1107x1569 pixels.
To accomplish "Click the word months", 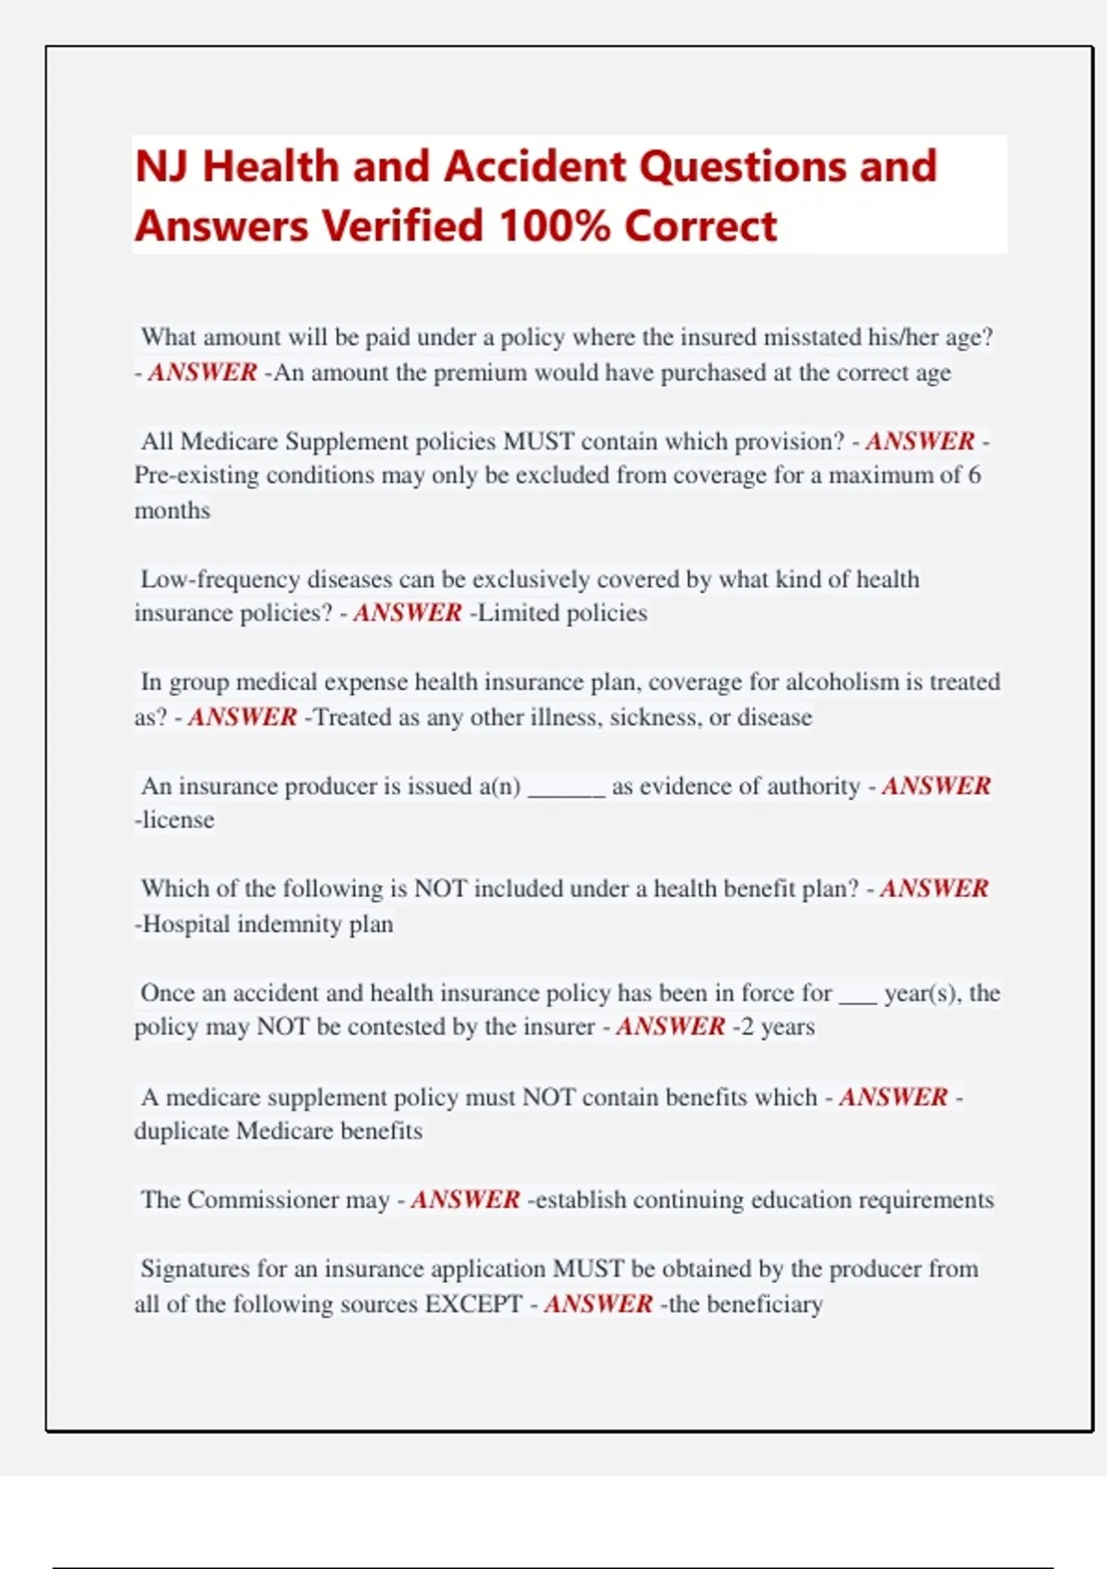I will coord(173,510).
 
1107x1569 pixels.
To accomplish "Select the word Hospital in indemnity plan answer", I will coord(186,924).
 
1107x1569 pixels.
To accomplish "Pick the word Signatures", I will coord(195,1269).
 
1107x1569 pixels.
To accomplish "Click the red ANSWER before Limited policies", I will coord(407,613).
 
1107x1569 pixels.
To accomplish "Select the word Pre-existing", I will coord(196,475).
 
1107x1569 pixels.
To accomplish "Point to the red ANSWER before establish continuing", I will coord(465,1200).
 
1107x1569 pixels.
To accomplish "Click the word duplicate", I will coord(182,1132).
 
